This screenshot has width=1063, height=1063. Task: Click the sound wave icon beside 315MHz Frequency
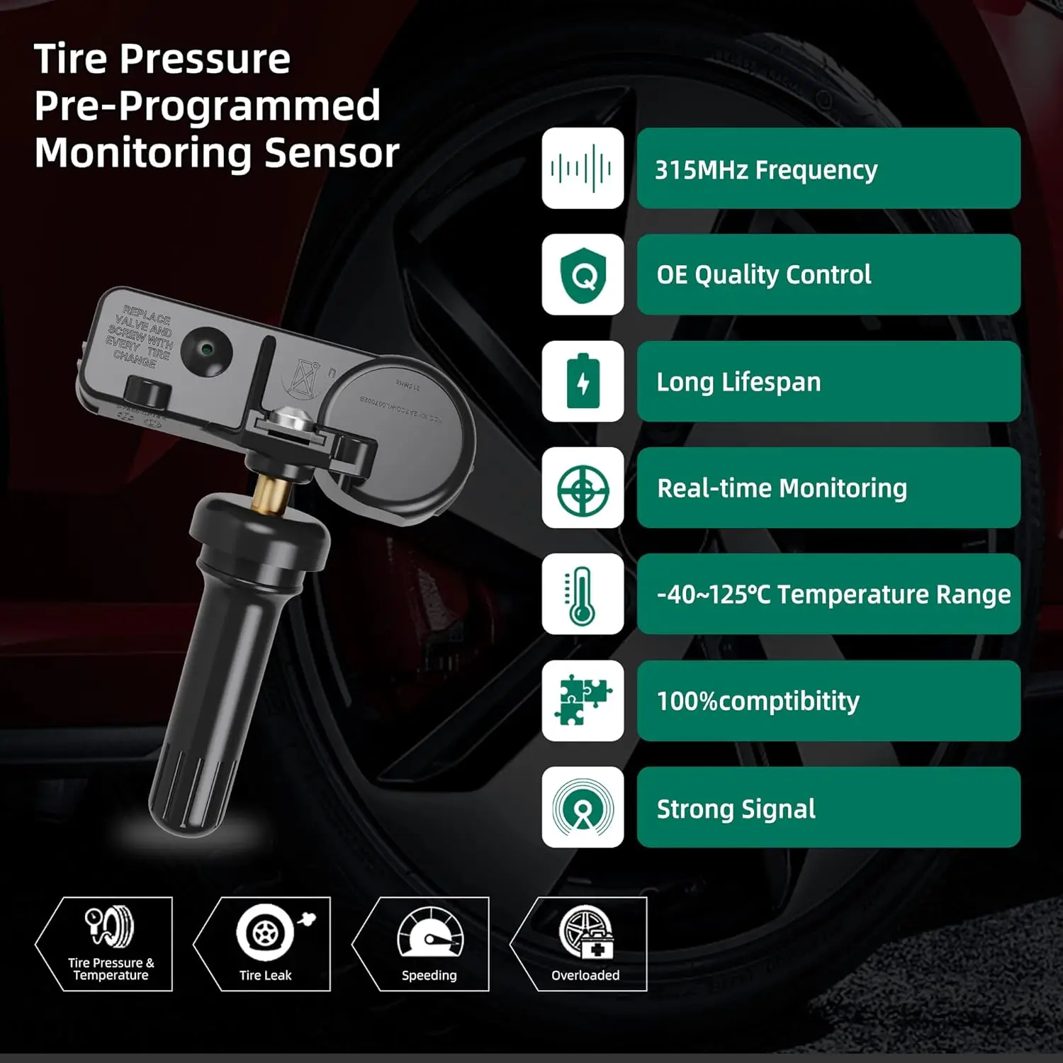pos(583,168)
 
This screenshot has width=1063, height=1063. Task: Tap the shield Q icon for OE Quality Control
pos(583,275)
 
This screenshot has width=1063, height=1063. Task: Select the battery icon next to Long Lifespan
pos(583,381)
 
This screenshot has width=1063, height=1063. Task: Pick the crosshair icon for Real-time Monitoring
pos(583,488)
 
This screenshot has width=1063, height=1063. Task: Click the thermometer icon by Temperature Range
pos(583,595)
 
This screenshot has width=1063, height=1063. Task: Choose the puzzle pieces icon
pos(583,701)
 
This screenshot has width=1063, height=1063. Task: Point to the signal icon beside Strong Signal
pos(583,807)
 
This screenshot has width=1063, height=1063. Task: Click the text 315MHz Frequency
pos(765,170)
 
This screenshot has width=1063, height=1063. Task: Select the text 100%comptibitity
pos(758,702)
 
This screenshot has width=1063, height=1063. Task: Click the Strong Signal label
pos(736,809)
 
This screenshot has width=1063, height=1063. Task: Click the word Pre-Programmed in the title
pos(207,106)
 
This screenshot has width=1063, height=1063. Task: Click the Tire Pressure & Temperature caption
pos(111,969)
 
